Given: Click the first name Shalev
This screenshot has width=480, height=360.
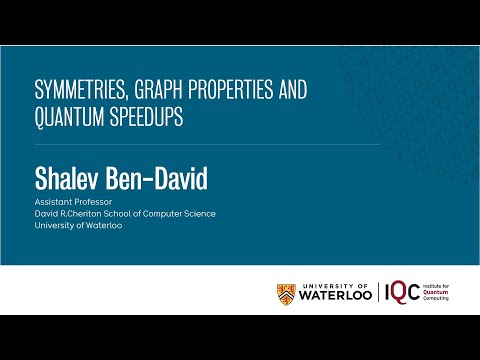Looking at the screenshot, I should (x=69, y=181).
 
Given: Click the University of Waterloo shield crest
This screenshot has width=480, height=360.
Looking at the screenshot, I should (x=286, y=293).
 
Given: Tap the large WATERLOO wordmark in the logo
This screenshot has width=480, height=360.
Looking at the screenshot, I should (x=336, y=296).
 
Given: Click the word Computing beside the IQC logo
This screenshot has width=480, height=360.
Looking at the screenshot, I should (x=442, y=300).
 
